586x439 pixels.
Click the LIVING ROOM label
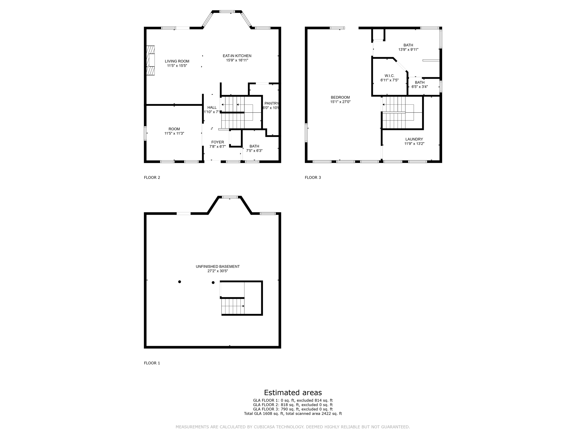[x=177, y=61]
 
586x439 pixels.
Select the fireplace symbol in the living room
[x=151, y=60]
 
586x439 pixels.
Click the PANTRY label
[x=271, y=103]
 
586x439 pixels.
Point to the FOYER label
[x=217, y=142]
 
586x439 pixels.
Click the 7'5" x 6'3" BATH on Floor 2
[x=254, y=148]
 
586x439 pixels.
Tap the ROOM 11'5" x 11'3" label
[x=174, y=131]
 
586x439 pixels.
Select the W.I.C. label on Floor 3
[x=389, y=76]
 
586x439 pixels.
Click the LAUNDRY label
[x=414, y=139]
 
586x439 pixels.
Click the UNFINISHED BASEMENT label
[x=217, y=266]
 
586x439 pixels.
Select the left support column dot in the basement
[x=179, y=282]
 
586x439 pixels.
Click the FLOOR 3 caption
[x=313, y=177]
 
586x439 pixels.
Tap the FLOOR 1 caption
[x=152, y=363]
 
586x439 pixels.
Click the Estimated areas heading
[x=293, y=392]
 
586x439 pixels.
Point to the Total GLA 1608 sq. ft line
[x=293, y=414]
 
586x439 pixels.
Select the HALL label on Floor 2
[x=212, y=107]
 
